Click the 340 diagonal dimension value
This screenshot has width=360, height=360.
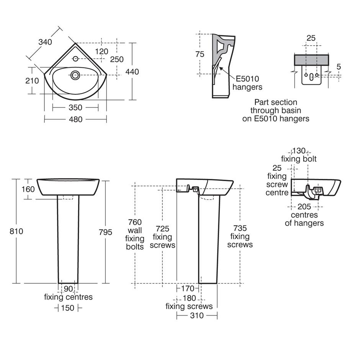point(45,42)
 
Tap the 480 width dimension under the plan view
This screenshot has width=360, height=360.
point(75,119)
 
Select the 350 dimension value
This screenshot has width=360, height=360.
point(75,108)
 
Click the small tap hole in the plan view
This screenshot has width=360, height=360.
point(75,59)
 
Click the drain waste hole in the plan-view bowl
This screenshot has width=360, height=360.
point(75,75)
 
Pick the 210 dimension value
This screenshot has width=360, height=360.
point(33,81)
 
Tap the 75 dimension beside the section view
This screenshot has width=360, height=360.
point(200,54)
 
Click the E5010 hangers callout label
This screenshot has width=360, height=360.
point(247,83)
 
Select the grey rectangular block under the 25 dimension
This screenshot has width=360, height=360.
point(311,60)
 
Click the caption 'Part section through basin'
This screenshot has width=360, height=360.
point(276,110)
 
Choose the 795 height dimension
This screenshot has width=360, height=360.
point(105,232)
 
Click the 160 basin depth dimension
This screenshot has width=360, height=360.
point(28,189)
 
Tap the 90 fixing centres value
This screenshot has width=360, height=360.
point(68,289)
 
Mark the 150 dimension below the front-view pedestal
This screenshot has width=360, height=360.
point(68,308)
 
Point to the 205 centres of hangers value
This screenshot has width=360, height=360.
point(304,207)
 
